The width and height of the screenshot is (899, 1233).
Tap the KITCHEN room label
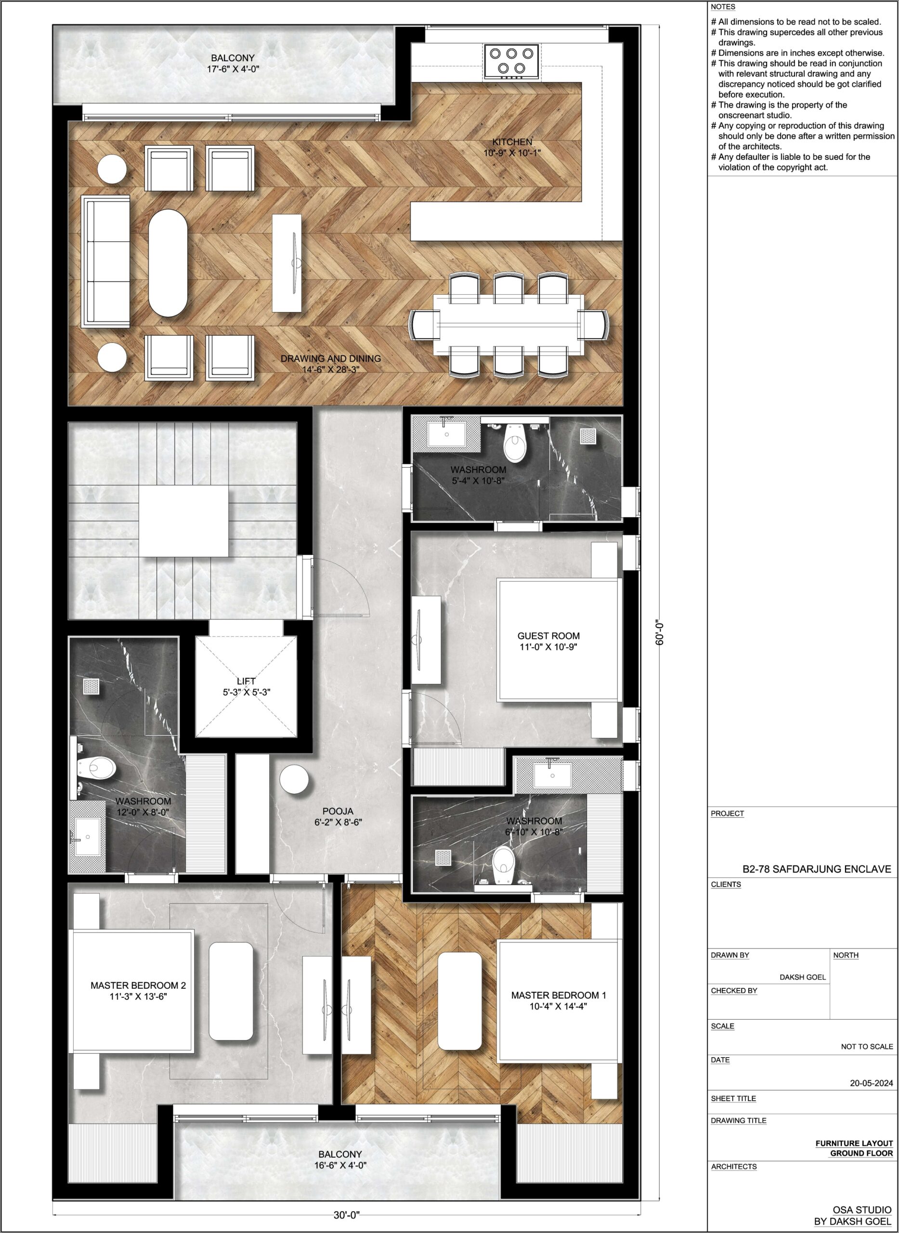tap(512, 142)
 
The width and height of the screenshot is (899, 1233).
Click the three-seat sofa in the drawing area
tap(106, 262)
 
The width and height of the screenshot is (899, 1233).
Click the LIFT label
tap(246, 681)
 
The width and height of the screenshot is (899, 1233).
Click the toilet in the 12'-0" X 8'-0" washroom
tap(96, 768)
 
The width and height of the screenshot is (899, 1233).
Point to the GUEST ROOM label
tap(548, 636)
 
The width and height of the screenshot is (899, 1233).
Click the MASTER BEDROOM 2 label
tap(138, 985)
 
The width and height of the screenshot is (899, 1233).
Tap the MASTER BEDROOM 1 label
tap(559, 995)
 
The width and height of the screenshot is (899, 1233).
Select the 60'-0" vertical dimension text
tap(660, 633)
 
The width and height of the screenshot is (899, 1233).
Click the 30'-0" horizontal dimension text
tap(347, 1215)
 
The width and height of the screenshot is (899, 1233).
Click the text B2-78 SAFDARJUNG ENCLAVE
tap(817, 869)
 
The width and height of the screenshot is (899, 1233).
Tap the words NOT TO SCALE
tap(867, 1046)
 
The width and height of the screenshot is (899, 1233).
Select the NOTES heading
tap(723, 7)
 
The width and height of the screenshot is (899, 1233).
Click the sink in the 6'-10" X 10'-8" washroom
tap(552, 775)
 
